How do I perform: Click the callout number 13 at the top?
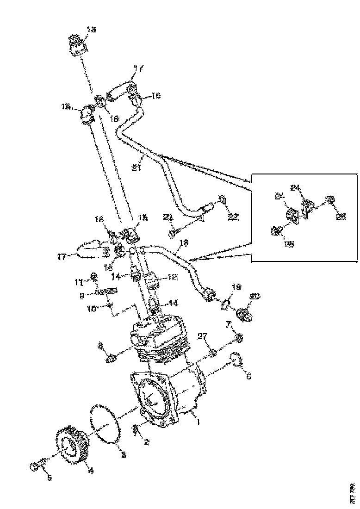click(91, 30)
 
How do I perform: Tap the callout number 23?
click(168, 217)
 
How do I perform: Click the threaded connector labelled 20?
click(242, 315)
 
